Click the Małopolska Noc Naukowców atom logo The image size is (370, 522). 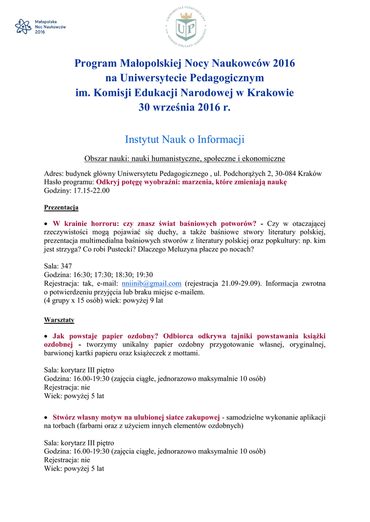(23, 27)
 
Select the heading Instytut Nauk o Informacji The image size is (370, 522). (185, 139)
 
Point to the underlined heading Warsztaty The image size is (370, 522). (59, 320)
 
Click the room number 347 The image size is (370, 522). (66, 266)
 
